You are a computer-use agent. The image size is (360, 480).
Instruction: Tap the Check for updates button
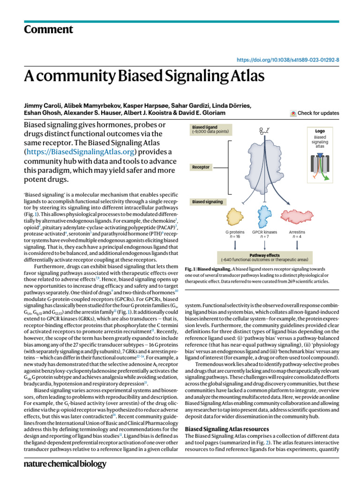tap(315, 113)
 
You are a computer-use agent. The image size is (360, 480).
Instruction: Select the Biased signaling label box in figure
tap(206, 202)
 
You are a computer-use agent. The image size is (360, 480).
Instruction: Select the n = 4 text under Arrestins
tap(297, 237)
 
